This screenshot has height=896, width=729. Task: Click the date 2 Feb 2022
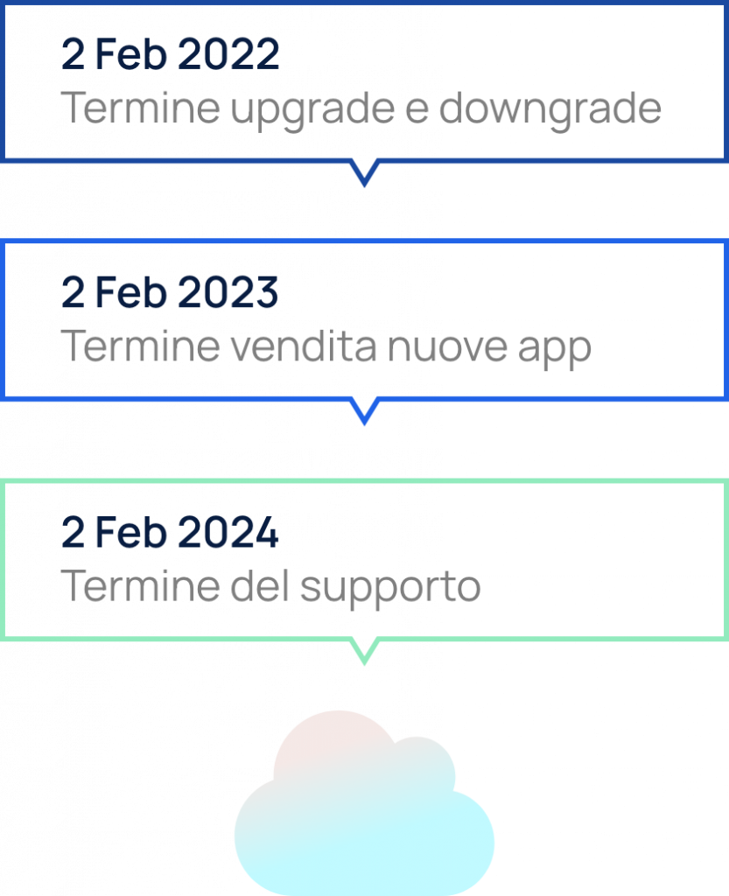(171, 55)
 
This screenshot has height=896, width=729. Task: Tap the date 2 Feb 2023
(171, 293)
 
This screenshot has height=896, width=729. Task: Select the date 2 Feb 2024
(171, 533)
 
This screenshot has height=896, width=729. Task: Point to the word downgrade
(550, 110)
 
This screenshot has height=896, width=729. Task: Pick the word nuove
(446, 347)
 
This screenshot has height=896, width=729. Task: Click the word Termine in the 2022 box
(140, 108)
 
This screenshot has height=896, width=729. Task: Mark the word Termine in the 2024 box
(140, 586)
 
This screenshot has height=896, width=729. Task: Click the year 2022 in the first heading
(228, 55)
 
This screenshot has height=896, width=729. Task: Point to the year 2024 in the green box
(228, 533)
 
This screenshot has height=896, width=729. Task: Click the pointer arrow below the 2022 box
(364, 173)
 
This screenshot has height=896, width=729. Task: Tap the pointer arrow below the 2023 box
(364, 412)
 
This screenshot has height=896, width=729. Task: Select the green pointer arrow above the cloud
(364, 651)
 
